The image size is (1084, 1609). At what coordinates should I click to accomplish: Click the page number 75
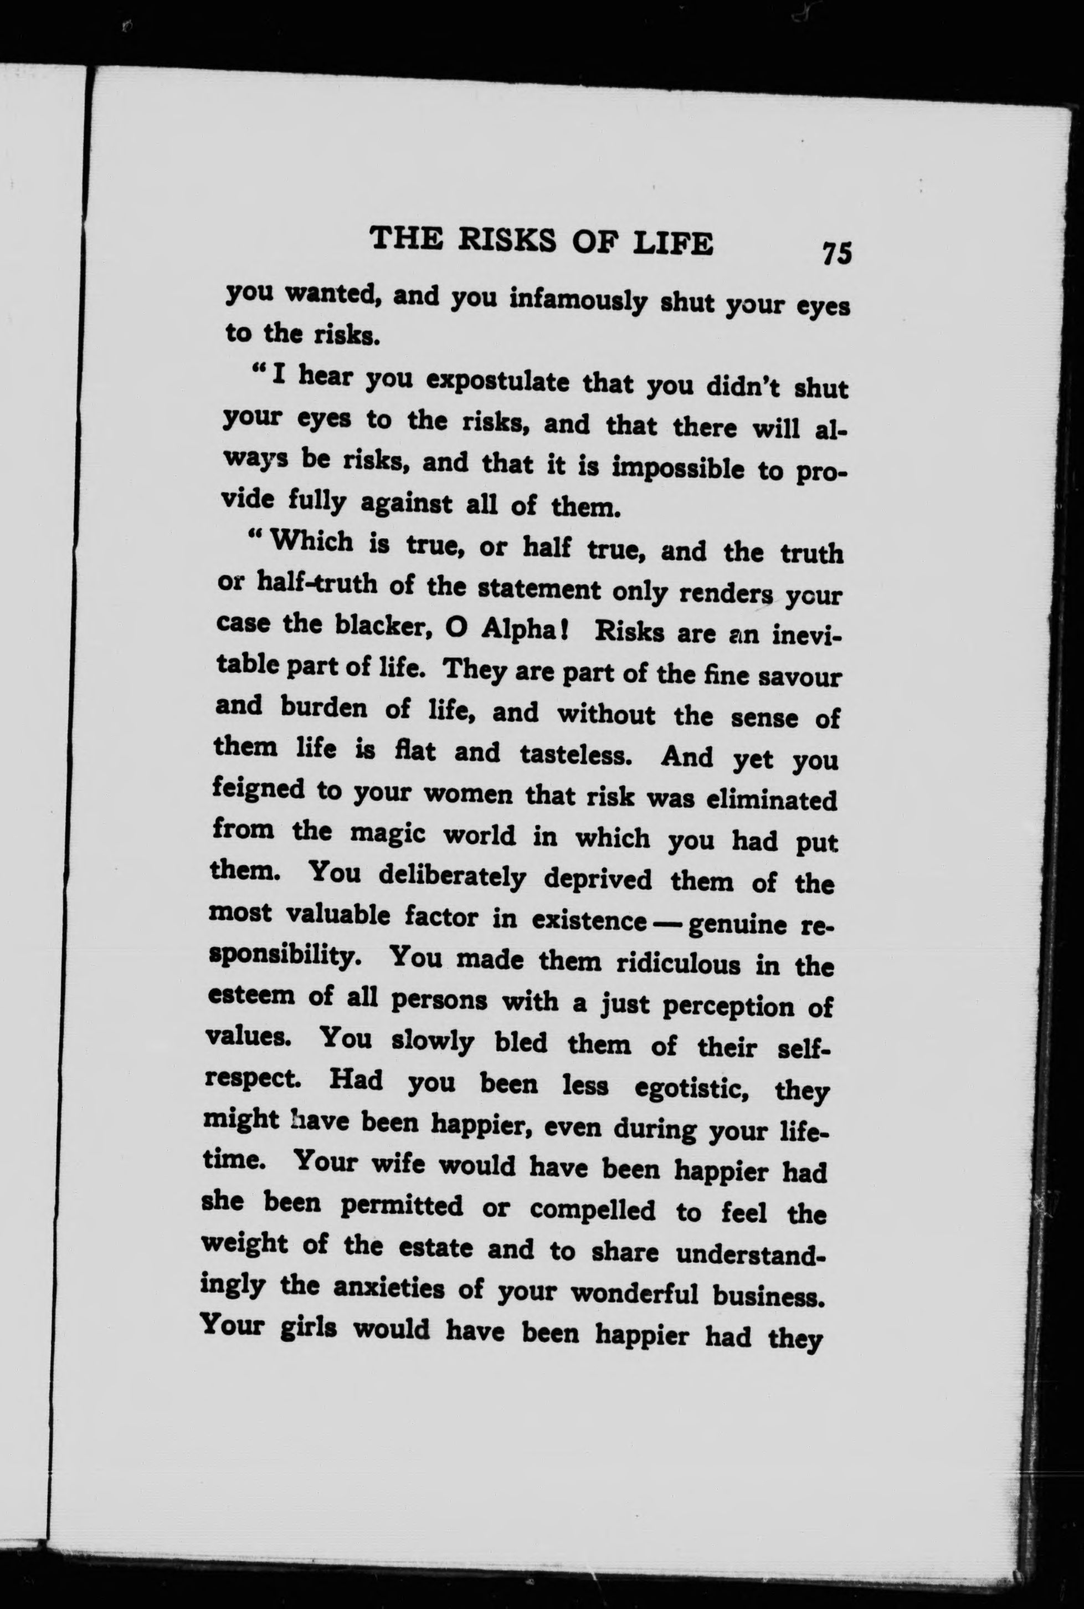click(836, 253)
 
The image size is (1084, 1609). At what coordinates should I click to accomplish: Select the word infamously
click(577, 301)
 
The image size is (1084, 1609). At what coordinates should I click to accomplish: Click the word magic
click(391, 834)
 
